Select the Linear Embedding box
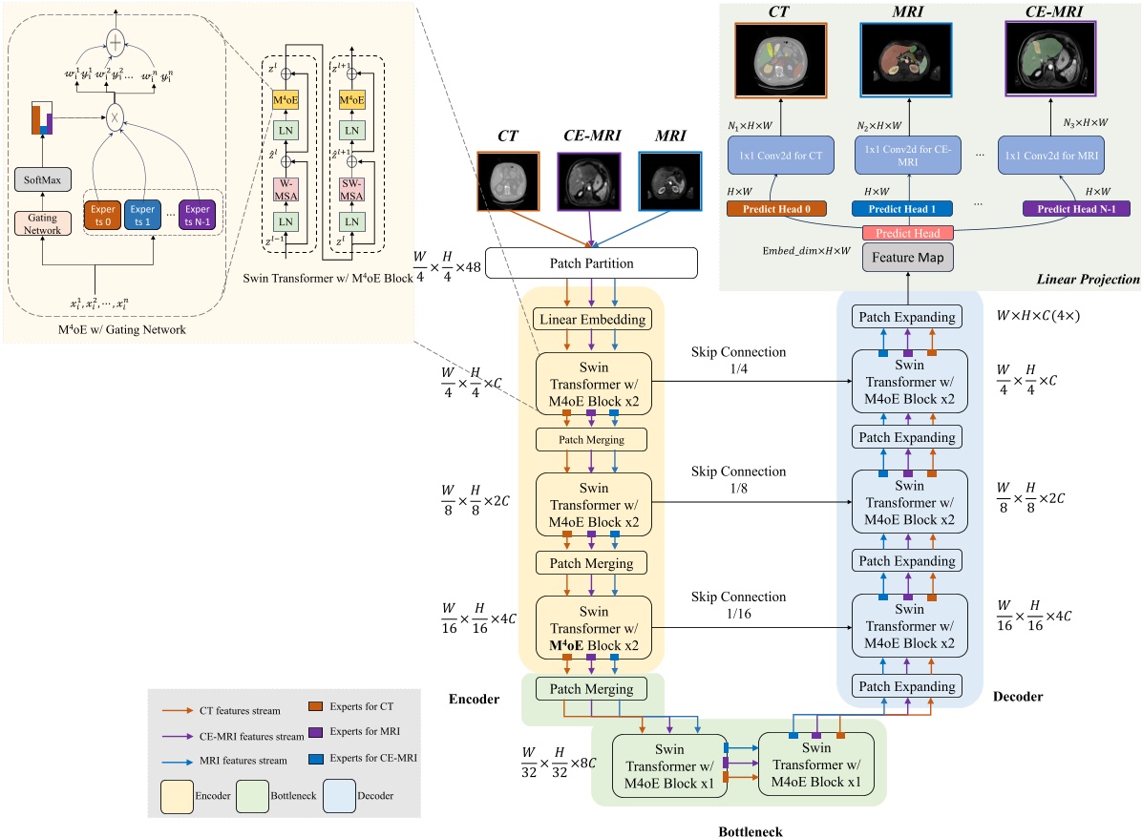coord(592,320)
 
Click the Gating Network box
coord(42,224)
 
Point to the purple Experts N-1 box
coord(197,215)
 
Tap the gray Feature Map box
coord(896,258)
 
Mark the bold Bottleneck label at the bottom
coord(750,830)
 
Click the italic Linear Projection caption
coord(1087,280)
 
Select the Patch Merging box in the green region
coord(592,688)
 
